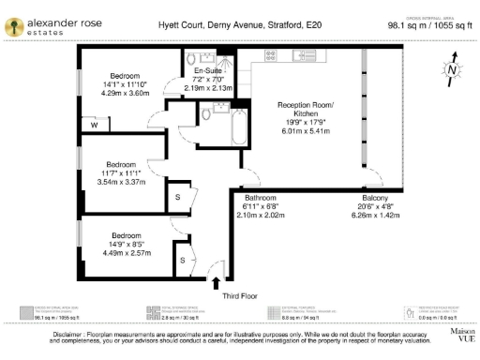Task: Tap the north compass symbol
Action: pyautogui.click(x=452, y=68)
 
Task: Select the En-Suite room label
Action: pyautogui.click(x=207, y=71)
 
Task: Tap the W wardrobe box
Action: pyautogui.click(x=95, y=125)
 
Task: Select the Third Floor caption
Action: pyautogui.click(x=241, y=296)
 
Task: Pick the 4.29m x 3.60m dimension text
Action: pyautogui.click(x=125, y=93)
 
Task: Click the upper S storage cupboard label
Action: pyautogui.click(x=178, y=197)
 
